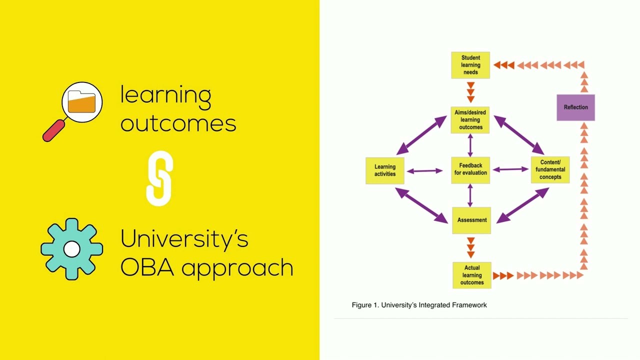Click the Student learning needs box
point(470,65)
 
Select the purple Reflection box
point(575,107)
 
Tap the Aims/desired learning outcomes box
point(470,120)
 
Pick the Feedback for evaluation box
point(470,170)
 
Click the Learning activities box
point(385,170)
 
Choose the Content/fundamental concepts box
point(550,169)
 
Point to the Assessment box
point(471,220)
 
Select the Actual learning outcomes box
point(472,275)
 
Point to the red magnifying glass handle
point(53,131)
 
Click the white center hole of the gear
point(71,249)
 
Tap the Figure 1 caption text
point(419,305)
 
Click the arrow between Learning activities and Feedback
point(424,171)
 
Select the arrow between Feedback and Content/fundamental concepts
point(510,169)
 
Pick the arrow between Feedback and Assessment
point(470,195)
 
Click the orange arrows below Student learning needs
point(470,92)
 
